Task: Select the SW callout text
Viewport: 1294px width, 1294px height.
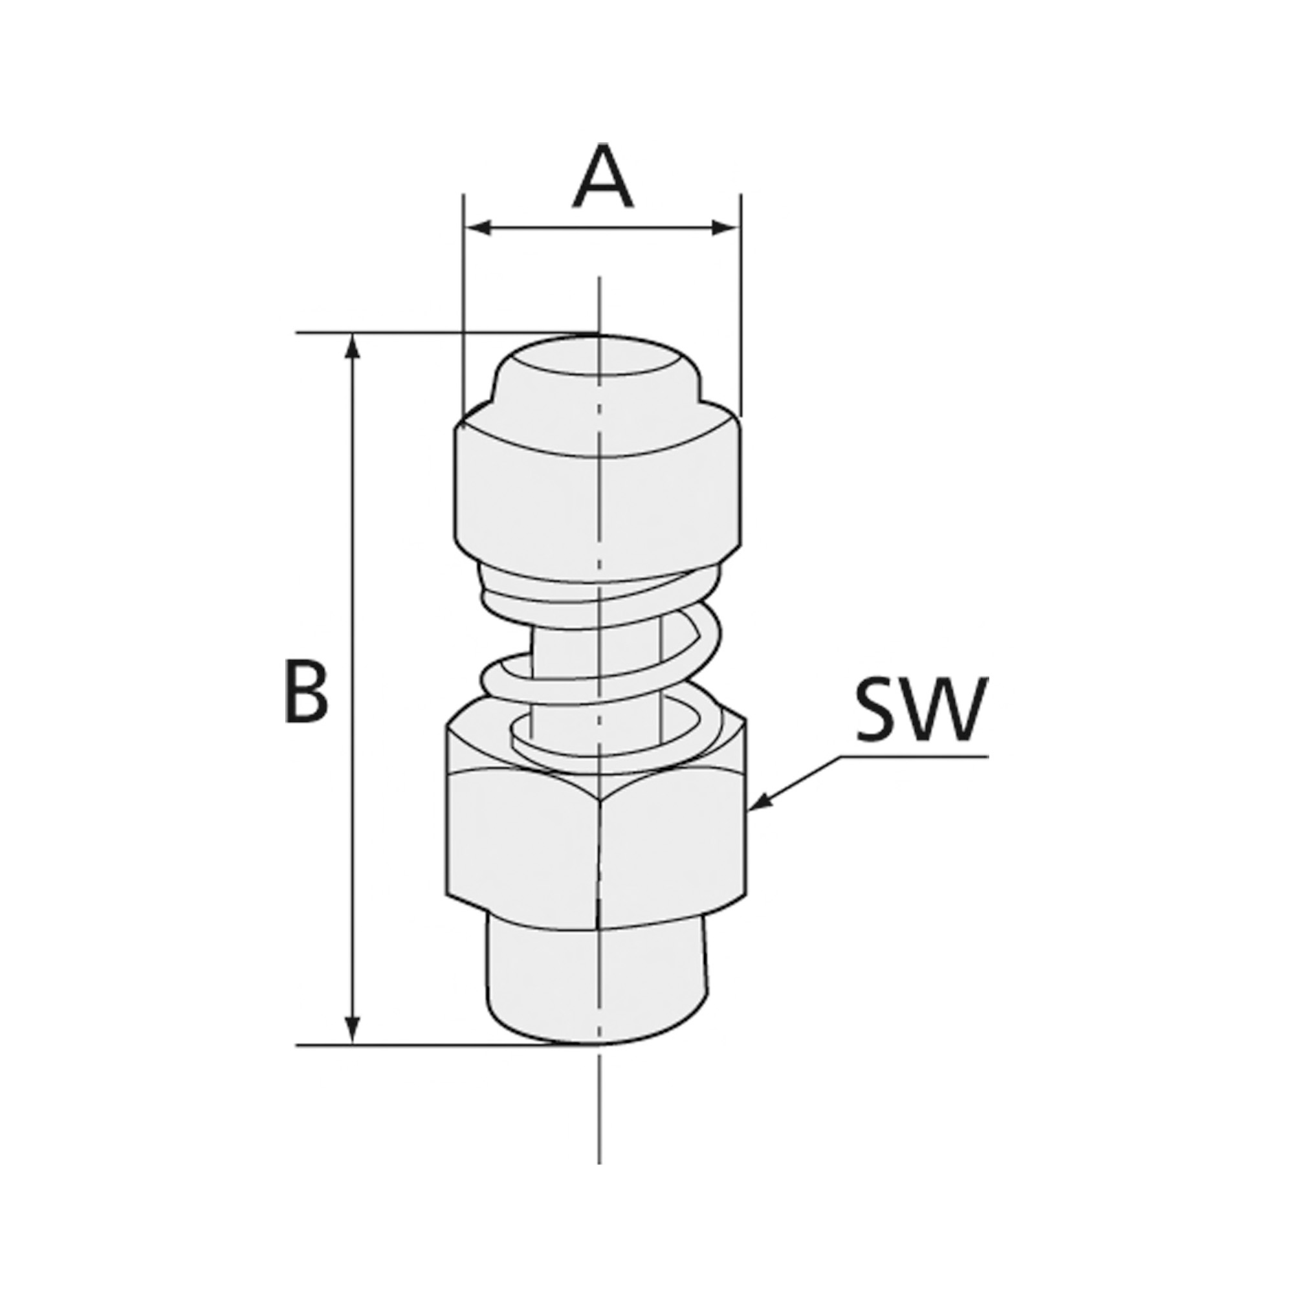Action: pos(921,710)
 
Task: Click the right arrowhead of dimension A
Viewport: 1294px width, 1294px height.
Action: pos(726,228)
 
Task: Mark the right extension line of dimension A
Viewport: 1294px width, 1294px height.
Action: pos(741,302)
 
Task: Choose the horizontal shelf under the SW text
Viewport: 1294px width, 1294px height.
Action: pos(917,758)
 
